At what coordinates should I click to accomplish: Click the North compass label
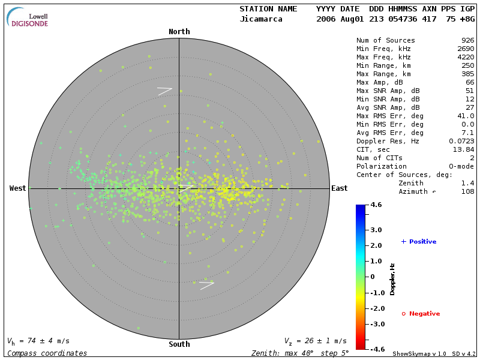click(x=179, y=32)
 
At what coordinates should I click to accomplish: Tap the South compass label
click(x=179, y=344)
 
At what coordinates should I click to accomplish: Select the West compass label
click(x=18, y=188)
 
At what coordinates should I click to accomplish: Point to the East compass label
click(x=340, y=188)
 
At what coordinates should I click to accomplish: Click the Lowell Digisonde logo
click(x=28, y=17)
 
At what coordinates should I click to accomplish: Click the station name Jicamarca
click(x=262, y=19)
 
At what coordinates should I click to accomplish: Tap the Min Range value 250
click(x=468, y=65)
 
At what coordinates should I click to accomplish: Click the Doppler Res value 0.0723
click(x=462, y=141)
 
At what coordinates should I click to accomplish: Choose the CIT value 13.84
click(x=464, y=149)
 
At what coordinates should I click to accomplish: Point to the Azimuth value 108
click(x=468, y=191)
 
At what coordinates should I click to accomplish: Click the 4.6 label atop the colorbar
click(x=376, y=205)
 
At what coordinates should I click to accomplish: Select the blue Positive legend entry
click(x=419, y=242)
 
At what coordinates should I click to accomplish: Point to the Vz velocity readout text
click(x=316, y=341)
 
